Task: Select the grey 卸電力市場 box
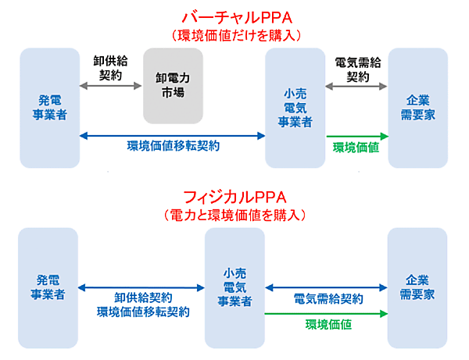point(173,86)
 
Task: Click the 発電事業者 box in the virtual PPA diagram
point(49,107)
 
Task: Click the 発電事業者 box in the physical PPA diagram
point(48,287)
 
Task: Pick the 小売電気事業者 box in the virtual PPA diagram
point(295,107)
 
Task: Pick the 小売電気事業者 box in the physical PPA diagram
point(234,287)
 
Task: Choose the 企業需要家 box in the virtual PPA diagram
point(417,107)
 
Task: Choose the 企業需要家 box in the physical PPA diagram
point(417,287)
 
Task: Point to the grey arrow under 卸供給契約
point(111,84)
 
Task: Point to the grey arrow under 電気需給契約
point(356,84)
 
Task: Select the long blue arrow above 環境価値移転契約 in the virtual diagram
point(173,136)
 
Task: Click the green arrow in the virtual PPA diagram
point(356,136)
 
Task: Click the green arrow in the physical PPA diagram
point(326,314)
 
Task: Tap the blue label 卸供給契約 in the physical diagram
point(143,298)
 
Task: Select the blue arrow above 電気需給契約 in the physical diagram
point(326,287)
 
